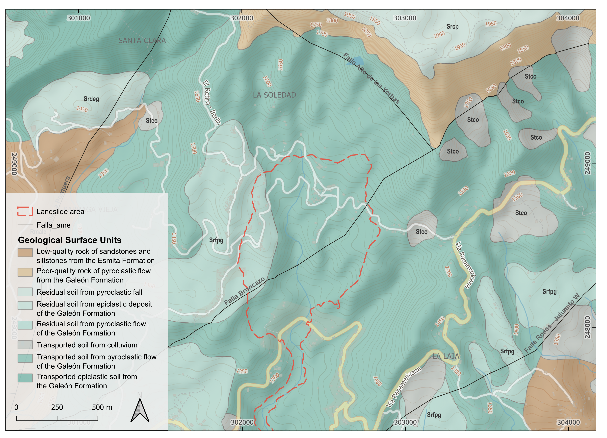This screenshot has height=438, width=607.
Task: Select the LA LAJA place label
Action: click(446, 356)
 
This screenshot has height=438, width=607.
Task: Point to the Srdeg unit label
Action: click(91, 99)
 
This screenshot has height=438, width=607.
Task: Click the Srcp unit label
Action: click(452, 27)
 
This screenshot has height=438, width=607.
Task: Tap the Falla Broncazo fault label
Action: click(244, 291)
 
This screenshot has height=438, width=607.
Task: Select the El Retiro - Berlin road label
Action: click(211, 103)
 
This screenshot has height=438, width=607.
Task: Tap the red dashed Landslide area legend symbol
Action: click(25, 211)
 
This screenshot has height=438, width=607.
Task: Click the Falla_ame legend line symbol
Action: click(25, 225)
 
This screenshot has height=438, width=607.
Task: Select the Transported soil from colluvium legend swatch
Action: click(25, 345)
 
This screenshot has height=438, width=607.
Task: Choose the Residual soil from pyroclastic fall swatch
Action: click(25, 292)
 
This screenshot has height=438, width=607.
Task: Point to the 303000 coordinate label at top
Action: click(405, 18)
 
